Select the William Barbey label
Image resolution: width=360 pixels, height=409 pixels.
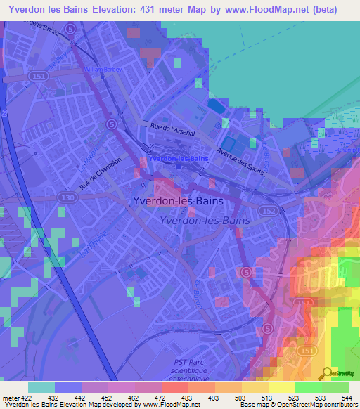tap(103, 70)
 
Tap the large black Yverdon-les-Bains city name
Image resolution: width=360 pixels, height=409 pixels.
tap(178, 201)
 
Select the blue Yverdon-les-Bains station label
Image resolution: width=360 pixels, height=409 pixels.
tap(179, 159)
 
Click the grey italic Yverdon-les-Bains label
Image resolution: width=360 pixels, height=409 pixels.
tap(202, 221)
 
